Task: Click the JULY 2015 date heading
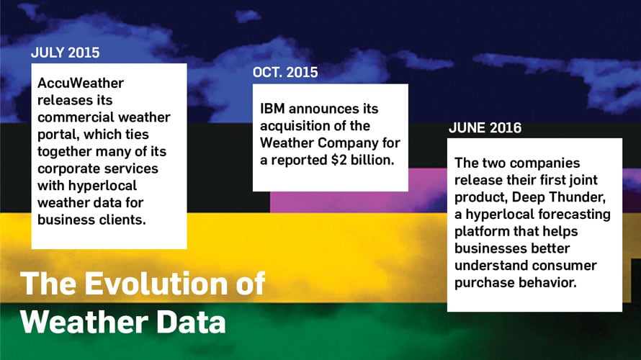pos(66,53)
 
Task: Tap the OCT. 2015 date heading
pos(285,73)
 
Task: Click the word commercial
pos(71,117)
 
